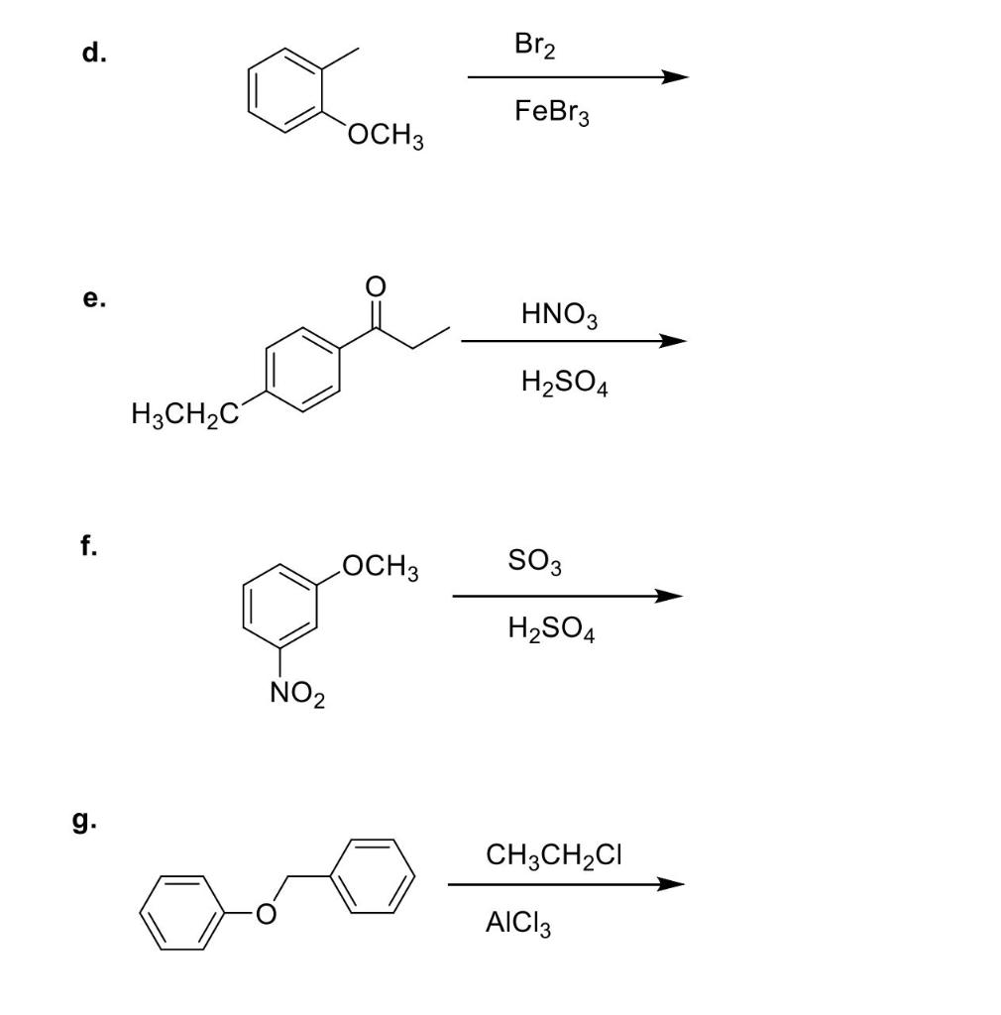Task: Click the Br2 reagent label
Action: click(536, 46)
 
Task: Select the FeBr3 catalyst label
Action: click(551, 113)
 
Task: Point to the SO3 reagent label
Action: click(535, 563)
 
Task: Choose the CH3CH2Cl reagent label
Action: click(554, 855)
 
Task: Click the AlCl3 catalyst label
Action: click(518, 925)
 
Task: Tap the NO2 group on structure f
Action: click(296, 697)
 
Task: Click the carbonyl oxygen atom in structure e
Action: click(375, 286)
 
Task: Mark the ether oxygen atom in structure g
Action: click(264, 916)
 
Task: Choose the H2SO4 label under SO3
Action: click(550, 629)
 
